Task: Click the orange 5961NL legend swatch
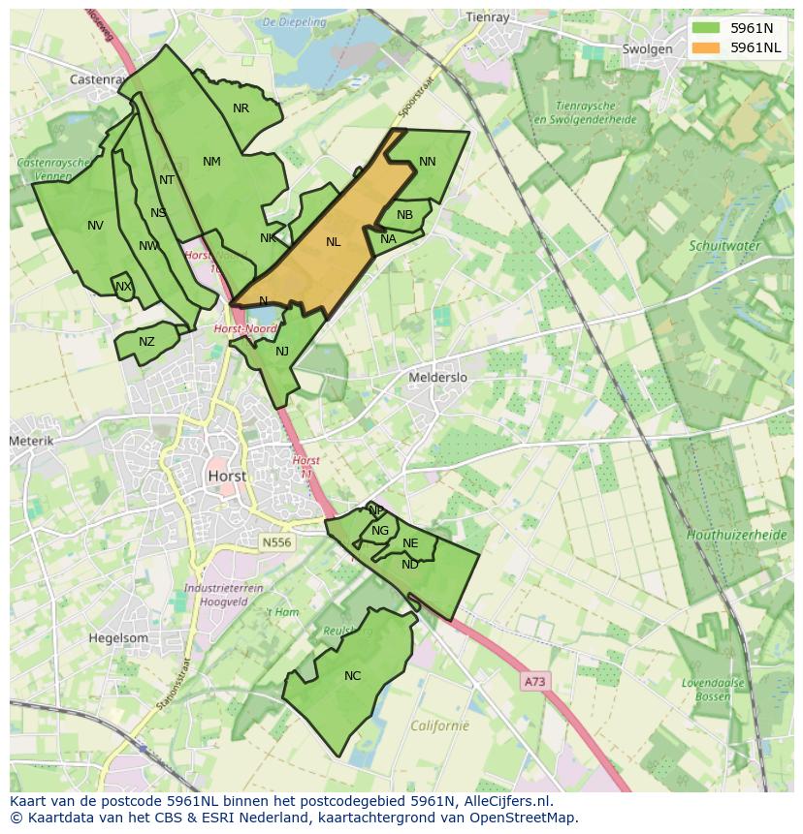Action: click(706, 47)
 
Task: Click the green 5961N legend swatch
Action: click(706, 28)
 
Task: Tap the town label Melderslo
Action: click(438, 377)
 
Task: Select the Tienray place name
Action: click(487, 16)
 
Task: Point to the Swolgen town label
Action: click(647, 49)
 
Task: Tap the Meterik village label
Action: click(32, 441)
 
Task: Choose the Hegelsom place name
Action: click(118, 638)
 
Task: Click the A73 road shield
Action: click(534, 682)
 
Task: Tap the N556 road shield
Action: click(276, 543)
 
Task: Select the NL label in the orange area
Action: click(334, 242)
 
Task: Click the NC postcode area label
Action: click(352, 676)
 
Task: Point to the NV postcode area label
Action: click(95, 226)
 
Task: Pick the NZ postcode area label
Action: click(146, 342)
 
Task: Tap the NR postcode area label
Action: click(241, 108)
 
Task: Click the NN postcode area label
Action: click(427, 162)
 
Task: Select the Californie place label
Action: click(439, 726)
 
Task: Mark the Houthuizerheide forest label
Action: click(736, 535)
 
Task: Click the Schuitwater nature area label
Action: click(723, 246)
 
